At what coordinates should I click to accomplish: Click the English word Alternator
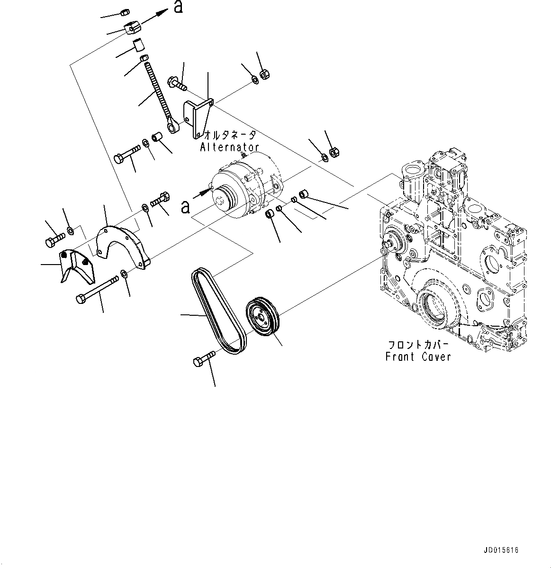pos(229,147)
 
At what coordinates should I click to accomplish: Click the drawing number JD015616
pos(501,550)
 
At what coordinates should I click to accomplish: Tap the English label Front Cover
pos(418,357)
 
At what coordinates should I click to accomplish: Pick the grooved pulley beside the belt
pos(263,317)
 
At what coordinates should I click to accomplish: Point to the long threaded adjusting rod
pos(156,90)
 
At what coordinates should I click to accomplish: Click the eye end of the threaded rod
pos(174,126)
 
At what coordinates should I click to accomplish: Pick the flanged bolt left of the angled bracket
pos(176,83)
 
